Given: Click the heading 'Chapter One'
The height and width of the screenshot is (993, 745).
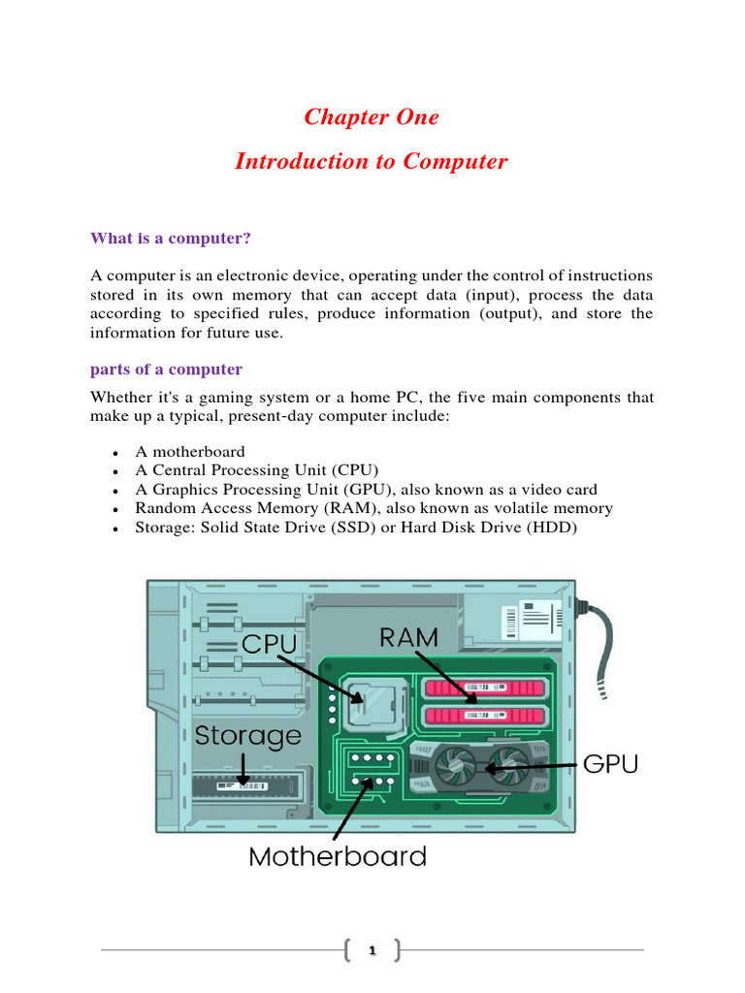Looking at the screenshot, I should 372,117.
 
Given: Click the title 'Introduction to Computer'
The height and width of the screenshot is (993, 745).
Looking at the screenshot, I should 372,161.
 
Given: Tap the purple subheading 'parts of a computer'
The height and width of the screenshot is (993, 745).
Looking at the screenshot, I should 166,369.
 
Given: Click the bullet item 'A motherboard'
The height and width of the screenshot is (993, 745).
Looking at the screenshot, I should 190,451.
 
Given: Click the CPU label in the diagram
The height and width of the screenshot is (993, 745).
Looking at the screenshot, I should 269,644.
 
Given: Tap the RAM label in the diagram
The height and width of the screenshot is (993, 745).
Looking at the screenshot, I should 408,637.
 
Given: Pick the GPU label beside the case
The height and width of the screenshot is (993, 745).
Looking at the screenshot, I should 610,764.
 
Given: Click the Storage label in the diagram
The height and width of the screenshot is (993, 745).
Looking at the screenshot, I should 248,735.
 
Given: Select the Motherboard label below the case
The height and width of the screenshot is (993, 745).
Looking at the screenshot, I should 338,856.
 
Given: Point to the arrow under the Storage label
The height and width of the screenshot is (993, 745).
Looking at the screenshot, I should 243,771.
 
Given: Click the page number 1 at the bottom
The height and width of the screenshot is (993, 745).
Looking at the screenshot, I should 372,951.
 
